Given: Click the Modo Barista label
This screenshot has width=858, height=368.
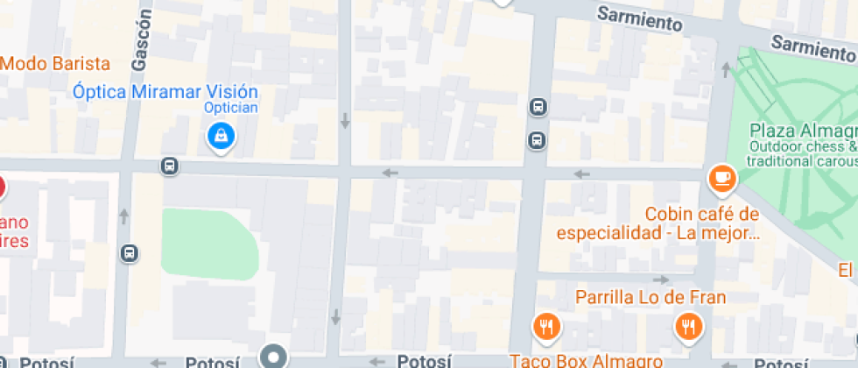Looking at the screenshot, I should coord(55,64).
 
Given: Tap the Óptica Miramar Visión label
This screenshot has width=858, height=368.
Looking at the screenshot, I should coord(165,92).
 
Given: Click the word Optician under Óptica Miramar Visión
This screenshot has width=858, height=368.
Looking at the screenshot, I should coord(230,108).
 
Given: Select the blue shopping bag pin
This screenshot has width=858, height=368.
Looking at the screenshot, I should coord(220,136).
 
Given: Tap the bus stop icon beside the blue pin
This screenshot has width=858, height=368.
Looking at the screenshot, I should coord(170,166).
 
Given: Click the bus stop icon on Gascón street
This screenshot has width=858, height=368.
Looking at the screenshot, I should coord(130,253).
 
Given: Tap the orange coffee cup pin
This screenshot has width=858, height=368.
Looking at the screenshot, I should coord(722,179).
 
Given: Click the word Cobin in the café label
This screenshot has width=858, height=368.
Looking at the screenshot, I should coord(667,215).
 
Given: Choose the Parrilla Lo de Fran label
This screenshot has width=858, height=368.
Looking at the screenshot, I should coord(650,297).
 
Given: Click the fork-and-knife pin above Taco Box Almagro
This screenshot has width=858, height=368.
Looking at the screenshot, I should coord(547,327).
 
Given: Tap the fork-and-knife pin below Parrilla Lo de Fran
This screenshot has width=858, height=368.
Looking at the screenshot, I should coord(689,327).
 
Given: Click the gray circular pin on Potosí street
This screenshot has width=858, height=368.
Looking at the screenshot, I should coord(274,357).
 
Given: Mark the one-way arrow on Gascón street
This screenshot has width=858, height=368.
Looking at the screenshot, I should coord(124,216).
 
